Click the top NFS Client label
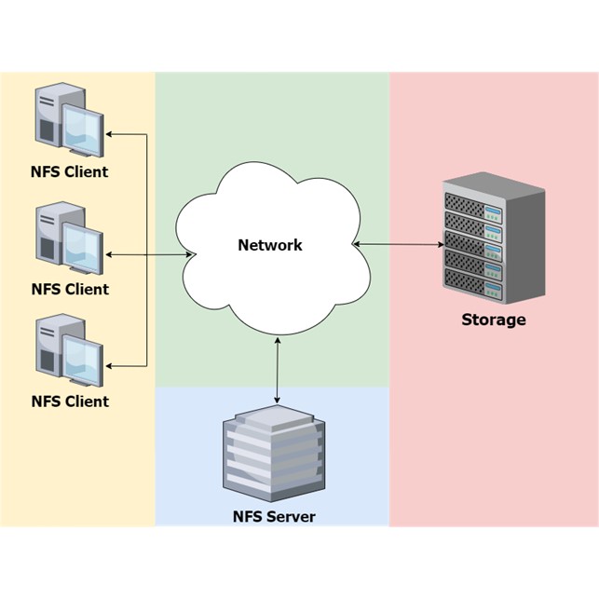[x=70, y=172]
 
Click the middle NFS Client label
[x=70, y=290]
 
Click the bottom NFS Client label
[x=70, y=402]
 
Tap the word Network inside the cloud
[x=270, y=246]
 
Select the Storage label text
[x=494, y=320]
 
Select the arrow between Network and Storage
[x=399, y=245]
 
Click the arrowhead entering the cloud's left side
[x=190, y=253]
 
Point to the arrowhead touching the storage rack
[x=441, y=245]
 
